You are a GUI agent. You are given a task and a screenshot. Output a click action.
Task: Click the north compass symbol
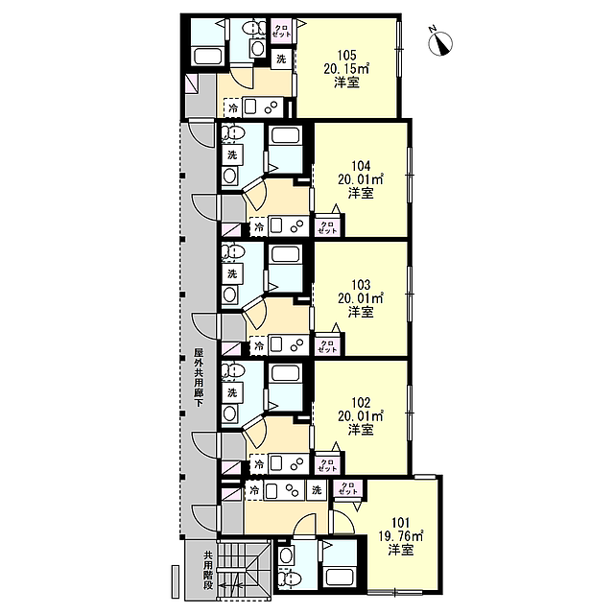(x=440, y=42)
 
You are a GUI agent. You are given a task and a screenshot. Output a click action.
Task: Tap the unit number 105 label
(x=346, y=56)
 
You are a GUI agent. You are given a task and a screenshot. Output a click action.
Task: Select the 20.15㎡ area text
(x=346, y=69)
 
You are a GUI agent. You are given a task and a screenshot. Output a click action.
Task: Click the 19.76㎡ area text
(x=401, y=535)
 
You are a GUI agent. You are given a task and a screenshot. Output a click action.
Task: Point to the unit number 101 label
(x=401, y=522)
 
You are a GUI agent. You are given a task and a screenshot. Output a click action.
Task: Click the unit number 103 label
(x=361, y=285)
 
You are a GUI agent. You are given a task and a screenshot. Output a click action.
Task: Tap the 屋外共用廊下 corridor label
(x=199, y=377)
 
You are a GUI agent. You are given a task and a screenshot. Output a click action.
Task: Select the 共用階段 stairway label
(x=208, y=571)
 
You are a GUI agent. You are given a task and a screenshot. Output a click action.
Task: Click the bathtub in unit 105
(x=208, y=56)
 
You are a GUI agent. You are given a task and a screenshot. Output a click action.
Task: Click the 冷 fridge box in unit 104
(x=258, y=226)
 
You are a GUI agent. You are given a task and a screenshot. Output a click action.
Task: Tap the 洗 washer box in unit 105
(x=281, y=59)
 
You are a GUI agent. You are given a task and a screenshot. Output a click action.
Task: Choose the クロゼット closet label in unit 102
(x=327, y=464)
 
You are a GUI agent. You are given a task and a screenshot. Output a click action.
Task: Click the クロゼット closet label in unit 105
(x=281, y=31)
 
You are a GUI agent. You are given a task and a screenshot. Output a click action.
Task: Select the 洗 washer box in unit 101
(x=317, y=489)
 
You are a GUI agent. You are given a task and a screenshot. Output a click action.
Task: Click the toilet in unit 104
(x=233, y=132)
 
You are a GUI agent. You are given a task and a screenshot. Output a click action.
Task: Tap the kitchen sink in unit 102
(x=277, y=464)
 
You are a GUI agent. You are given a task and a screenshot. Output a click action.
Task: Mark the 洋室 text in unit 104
(x=361, y=193)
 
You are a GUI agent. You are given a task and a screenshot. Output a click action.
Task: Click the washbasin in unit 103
(x=230, y=295)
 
